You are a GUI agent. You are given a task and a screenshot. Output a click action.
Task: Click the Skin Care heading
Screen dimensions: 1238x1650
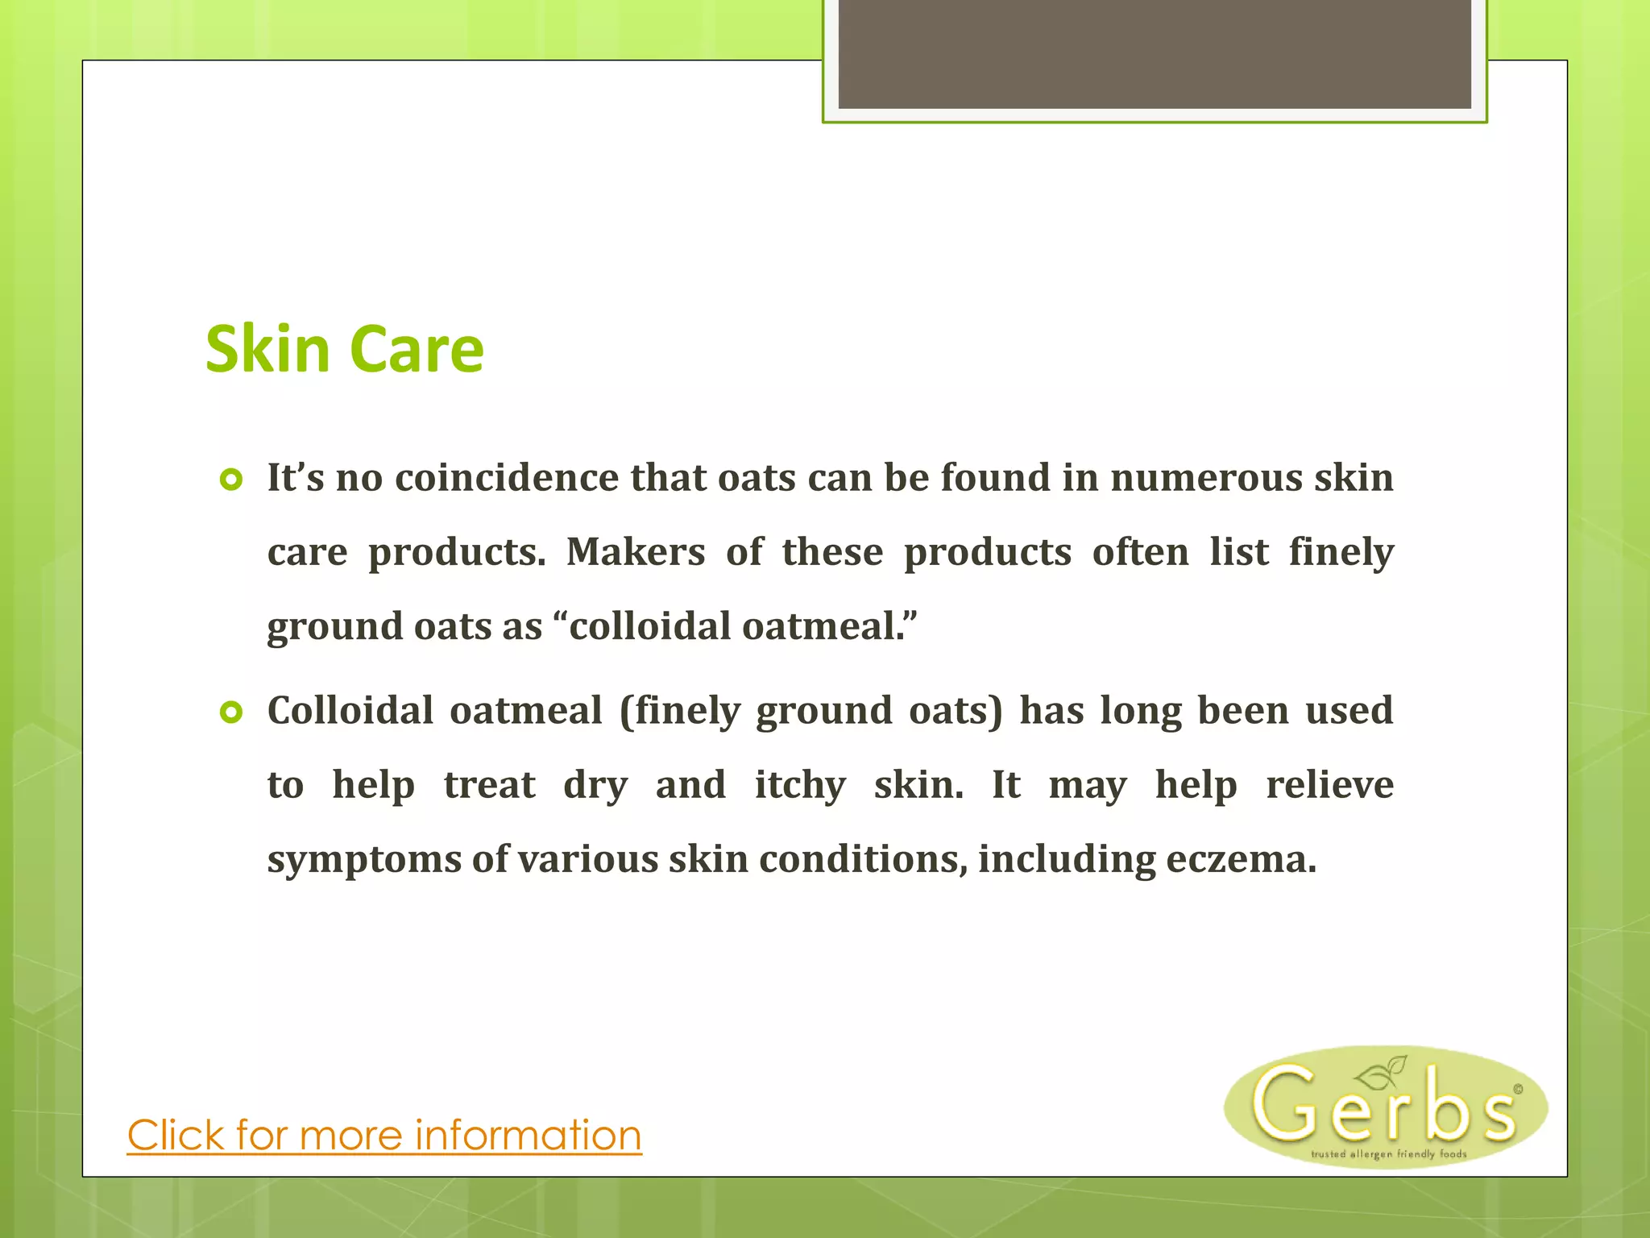click(x=345, y=350)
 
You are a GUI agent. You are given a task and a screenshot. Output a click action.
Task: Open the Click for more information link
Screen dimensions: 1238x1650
click(x=384, y=1136)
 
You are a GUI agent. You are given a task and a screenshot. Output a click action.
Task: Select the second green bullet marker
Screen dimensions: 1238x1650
click(x=231, y=713)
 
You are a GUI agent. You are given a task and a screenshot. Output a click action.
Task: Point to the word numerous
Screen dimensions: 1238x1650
click(x=1206, y=477)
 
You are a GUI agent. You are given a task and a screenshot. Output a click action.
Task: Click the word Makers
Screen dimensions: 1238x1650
click(x=636, y=552)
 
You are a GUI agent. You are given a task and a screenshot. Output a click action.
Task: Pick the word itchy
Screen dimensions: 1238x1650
click(x=800, y=785)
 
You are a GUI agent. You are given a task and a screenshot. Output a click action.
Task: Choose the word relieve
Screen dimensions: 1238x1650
click(x=1329, y=785)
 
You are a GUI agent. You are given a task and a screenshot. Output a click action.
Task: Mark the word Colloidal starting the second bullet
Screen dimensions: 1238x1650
click(x=354, y=711)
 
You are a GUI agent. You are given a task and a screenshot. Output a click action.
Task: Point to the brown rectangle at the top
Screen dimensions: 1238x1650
click(x=1155, y=53)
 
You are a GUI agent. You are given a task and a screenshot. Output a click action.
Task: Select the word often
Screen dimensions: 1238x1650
click(x=1140, y=552)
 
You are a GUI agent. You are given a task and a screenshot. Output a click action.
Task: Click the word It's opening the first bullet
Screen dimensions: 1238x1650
click(x=296, y=477)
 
